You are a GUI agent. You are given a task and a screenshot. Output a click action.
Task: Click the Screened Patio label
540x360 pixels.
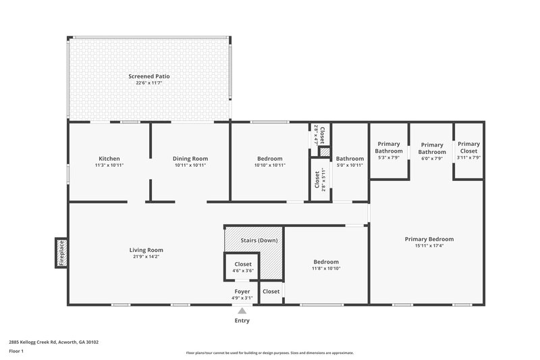tap(148, 76)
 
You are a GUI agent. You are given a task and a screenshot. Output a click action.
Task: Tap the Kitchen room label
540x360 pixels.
tap(109, 158)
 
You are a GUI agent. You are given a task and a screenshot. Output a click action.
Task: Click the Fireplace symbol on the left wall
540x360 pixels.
tap(61, 253)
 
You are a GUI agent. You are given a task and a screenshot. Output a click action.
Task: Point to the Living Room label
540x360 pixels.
tap(146, 250)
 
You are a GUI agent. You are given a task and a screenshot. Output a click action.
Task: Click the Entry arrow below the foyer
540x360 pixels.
tap(242, 310)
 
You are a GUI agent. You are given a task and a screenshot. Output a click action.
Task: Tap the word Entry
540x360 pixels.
tap(242, 320)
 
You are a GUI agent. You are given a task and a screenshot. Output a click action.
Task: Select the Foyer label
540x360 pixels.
tap(242, 291)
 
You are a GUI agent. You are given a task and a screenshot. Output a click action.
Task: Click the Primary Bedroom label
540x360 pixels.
tap(429, 238)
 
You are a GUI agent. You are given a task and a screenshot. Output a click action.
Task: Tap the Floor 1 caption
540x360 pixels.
tap(16, 352)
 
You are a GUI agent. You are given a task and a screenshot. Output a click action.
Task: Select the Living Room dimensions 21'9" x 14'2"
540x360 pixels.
tap(146, 257)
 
